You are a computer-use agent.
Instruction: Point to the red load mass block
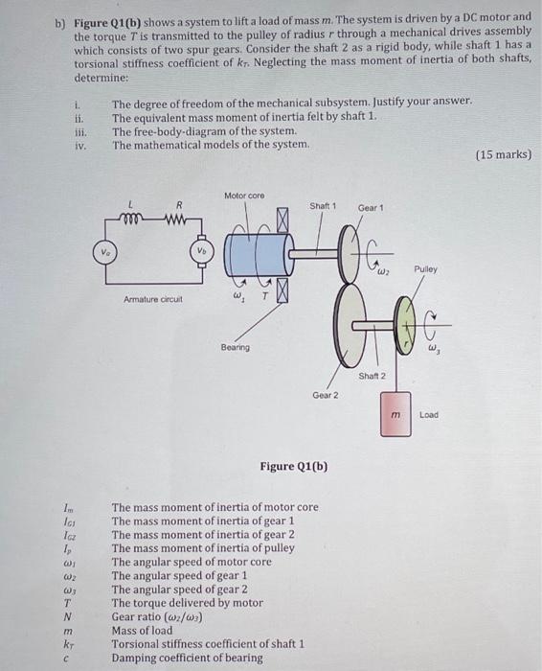[395, 414]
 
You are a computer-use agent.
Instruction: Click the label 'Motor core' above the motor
[244, 196]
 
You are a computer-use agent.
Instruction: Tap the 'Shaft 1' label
[324, 206]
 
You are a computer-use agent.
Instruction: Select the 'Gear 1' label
[371, 207]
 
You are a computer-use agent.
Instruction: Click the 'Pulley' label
[426, 269]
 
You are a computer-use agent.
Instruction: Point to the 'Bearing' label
[235, 347]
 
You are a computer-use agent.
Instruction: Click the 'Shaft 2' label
[371, 375]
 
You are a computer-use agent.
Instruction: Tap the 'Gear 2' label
[325, 395]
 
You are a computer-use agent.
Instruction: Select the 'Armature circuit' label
[151, 299]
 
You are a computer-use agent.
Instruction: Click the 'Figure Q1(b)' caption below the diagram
[293, 467]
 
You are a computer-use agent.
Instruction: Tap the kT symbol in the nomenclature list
[66, 644]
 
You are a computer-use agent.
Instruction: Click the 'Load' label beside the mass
[429, 415]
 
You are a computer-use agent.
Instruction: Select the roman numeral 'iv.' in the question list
[80, 145]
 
